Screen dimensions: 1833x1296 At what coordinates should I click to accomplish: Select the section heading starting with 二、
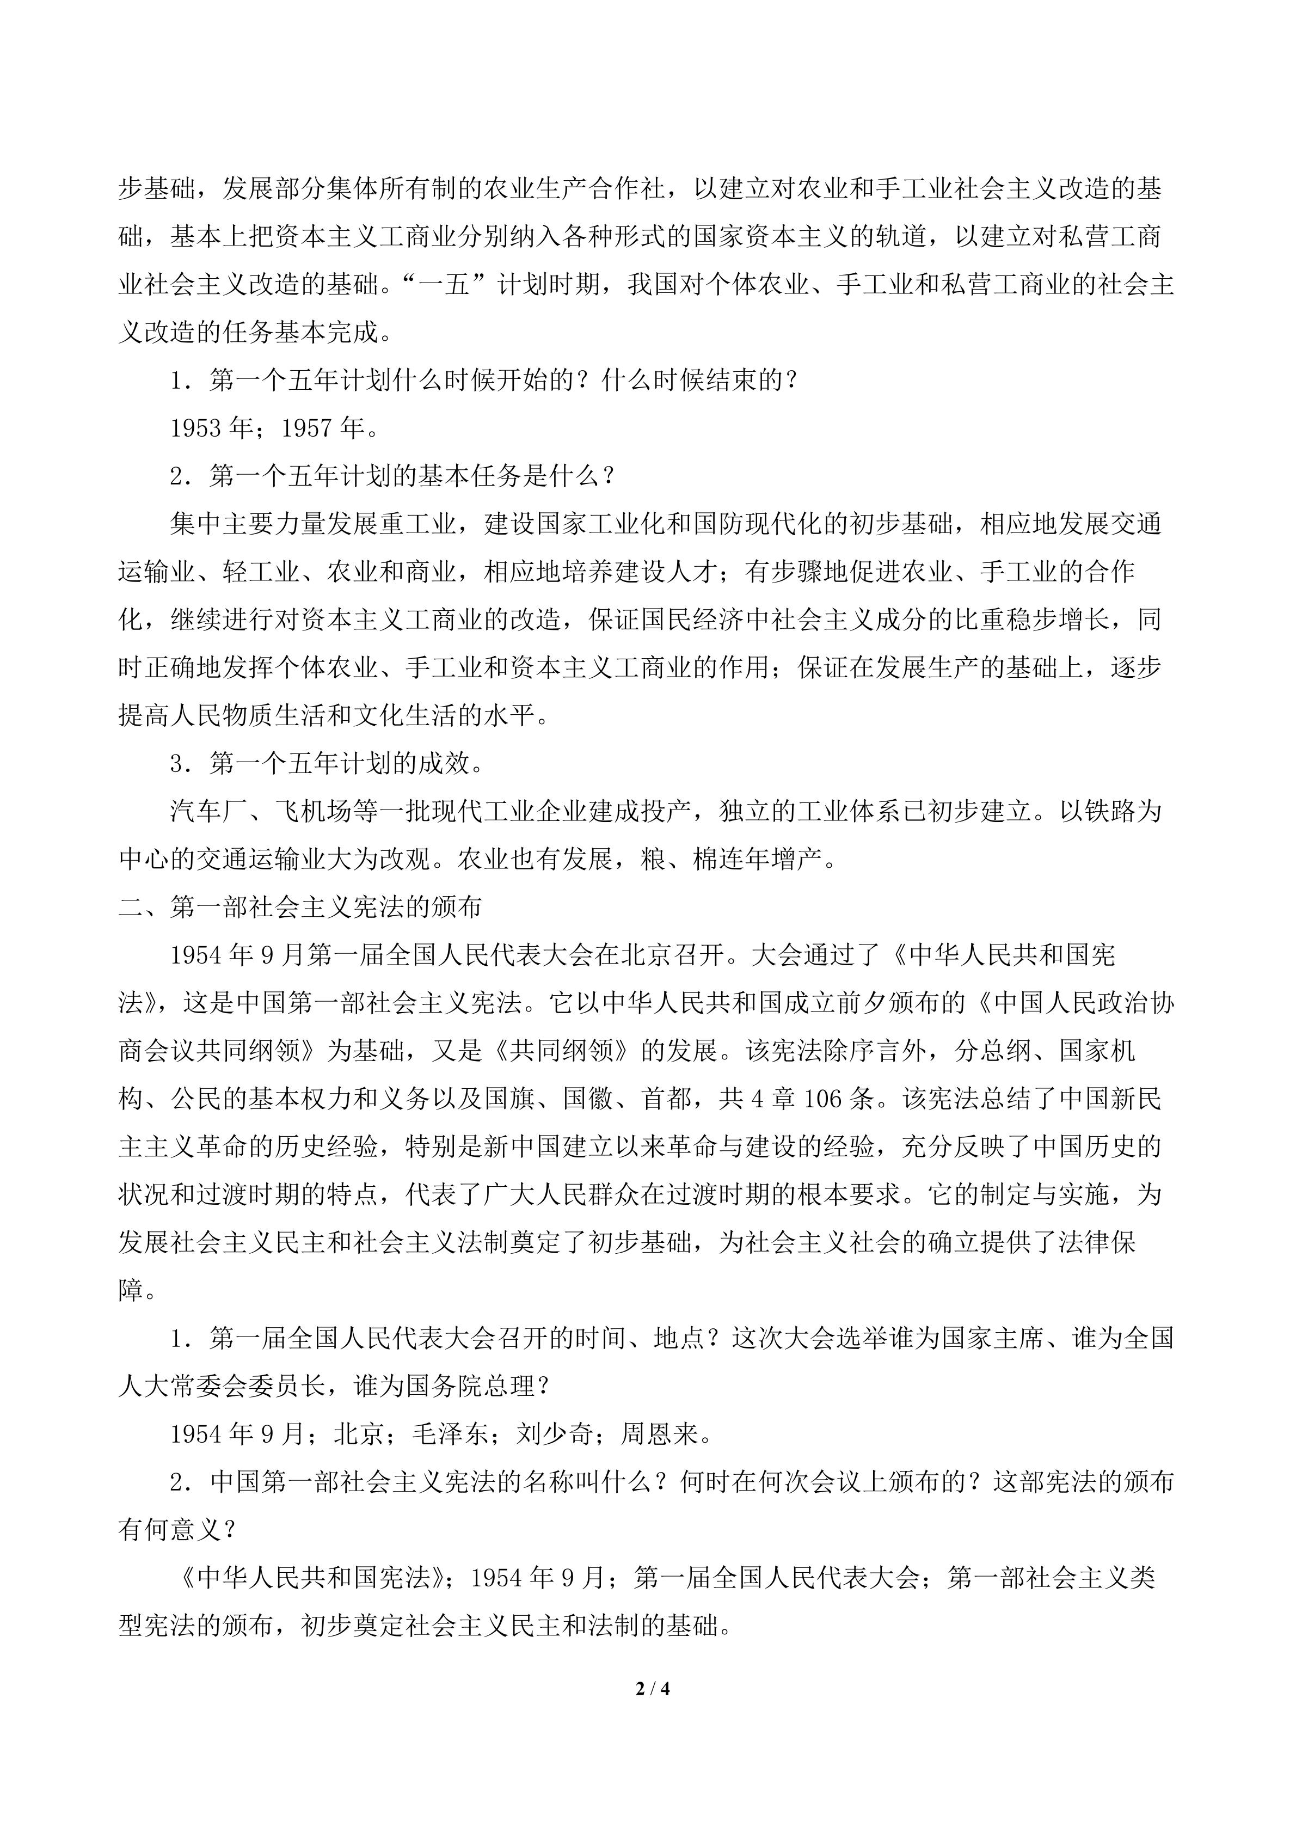coord(300,908)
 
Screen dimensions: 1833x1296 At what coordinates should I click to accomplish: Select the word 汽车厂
coord(209,812)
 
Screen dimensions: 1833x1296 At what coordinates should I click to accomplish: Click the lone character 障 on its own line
coord(132,1291)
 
